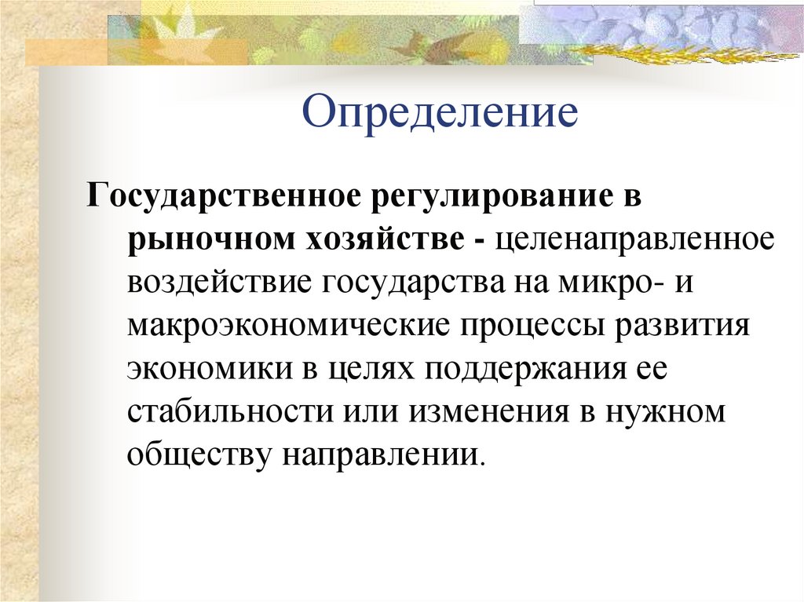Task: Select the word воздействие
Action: point(217,280)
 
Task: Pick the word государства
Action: point(409,282)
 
